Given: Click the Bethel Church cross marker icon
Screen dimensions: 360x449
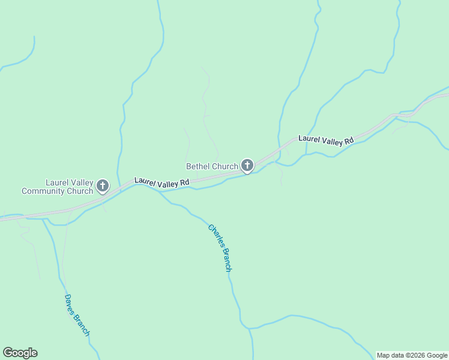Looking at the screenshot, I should [x=247, y=165].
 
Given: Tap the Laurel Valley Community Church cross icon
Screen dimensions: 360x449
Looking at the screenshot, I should [x=103, y=185].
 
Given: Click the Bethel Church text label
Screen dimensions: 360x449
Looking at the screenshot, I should [x=212, y=166].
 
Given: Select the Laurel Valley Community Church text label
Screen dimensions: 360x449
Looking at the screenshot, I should [x=58, y=187].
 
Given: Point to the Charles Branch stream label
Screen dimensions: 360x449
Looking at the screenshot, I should [x=220, y=248].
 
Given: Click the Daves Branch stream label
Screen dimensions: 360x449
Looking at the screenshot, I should [x=77, y=315].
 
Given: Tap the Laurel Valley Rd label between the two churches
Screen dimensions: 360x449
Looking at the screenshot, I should [x=162, y=182].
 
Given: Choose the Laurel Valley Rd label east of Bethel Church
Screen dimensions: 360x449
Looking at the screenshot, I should [x=326, y=140].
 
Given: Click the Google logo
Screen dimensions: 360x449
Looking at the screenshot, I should [x=20, y=353].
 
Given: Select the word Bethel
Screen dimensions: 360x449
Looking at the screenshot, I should [x=197, y=166].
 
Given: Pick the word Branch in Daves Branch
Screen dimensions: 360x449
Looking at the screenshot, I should [x=83, y=325].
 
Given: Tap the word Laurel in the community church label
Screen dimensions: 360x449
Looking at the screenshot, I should [x=56, y=182].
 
